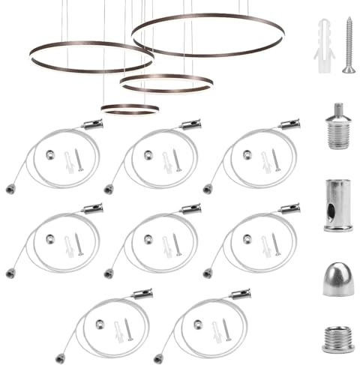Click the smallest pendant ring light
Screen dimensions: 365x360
(x=130, y=109)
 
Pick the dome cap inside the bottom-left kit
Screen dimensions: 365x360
(x=99, y=323)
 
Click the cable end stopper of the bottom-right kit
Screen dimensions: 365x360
(x=159, y=358)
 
